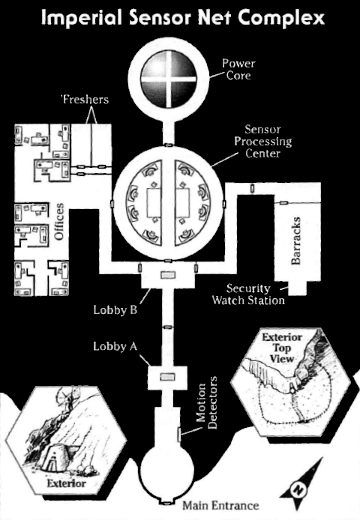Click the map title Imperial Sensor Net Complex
[x=182, y=18]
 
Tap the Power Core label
[x=238, y=70]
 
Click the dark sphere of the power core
[x=169, y=79]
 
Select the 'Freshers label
[x=85, y=100]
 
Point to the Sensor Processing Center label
[x=262, y=142]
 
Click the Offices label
[x=58, y=222]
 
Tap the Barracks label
[x=295, y=241]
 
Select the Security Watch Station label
[x=248, y=294]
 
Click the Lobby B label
[x=115, y=310]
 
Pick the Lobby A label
[x=115, y=346]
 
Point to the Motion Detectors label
[x=206, y=402]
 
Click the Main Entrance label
[x=220, y=506]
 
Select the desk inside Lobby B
[x=167, y=275]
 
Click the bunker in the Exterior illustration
[x=55, y=456]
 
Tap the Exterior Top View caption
[x=281, y=348]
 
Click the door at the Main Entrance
[x=167, y=503]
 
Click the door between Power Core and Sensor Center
[x=169, y=145]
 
